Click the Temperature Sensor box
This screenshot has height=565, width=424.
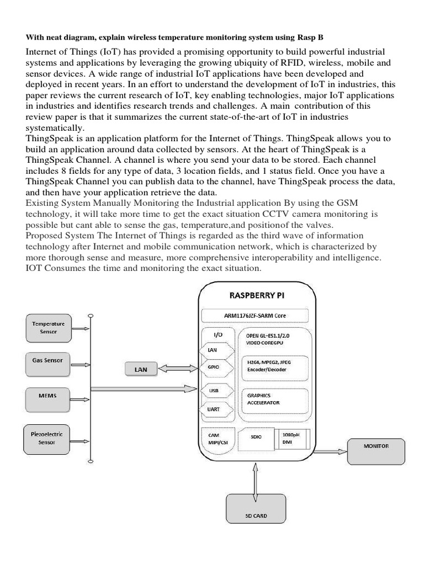coord(48,328)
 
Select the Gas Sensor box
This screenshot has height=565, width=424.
coord(48,363)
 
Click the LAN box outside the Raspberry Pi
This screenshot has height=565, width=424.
coord(141,369)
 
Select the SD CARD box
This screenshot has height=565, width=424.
coord(256,516)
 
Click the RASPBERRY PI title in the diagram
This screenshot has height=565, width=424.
coord(257,295)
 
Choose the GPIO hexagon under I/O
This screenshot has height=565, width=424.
coord(213,366)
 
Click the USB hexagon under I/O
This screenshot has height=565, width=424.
coord(213,390)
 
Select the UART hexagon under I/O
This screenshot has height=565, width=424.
coord(213,409)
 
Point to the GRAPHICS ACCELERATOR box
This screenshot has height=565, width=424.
coord(272,399)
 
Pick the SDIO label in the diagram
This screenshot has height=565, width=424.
coord(256,437)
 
